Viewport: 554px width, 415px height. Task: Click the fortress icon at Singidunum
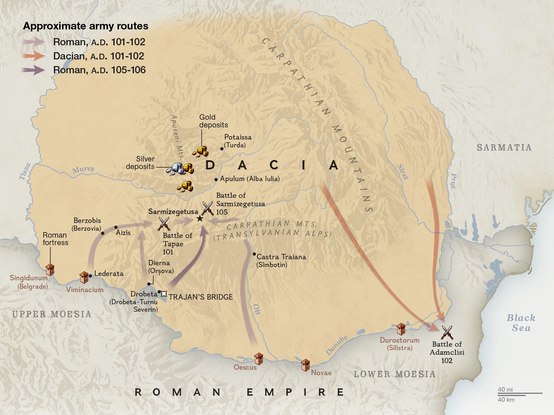click(x=50, y=270)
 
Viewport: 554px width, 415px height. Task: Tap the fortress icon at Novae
click(x=305, y=365)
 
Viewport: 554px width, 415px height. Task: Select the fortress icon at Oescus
click(x=258, y=358)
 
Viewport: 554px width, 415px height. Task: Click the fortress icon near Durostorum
click(x=401, y=329)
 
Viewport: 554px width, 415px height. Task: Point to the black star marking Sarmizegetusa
click(x=200, y=219)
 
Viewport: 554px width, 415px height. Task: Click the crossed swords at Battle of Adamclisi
click(x=447, y=332)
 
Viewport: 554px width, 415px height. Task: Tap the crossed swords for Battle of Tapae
click(x=164, y=224)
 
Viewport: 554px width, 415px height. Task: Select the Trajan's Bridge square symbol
click(x=164, y=294)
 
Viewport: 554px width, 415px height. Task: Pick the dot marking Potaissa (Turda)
click(x=222, y=149)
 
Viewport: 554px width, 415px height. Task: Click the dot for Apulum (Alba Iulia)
click(x=216, y=179)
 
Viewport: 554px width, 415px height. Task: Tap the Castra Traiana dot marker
click(x=254, y=254)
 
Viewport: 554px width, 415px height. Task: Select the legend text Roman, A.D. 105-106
click(x=99, y=70)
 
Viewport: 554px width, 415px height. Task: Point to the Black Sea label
click(x=521, y=323)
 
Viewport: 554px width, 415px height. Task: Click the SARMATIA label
click(x=504, y=148)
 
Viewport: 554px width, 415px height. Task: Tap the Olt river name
click(x=257, y=309)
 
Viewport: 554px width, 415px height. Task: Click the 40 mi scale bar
click(x=520, y=393)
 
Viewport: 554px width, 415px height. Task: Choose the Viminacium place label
click(x=85, y=290)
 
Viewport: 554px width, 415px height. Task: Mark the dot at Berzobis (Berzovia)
click(x=102, y=233)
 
